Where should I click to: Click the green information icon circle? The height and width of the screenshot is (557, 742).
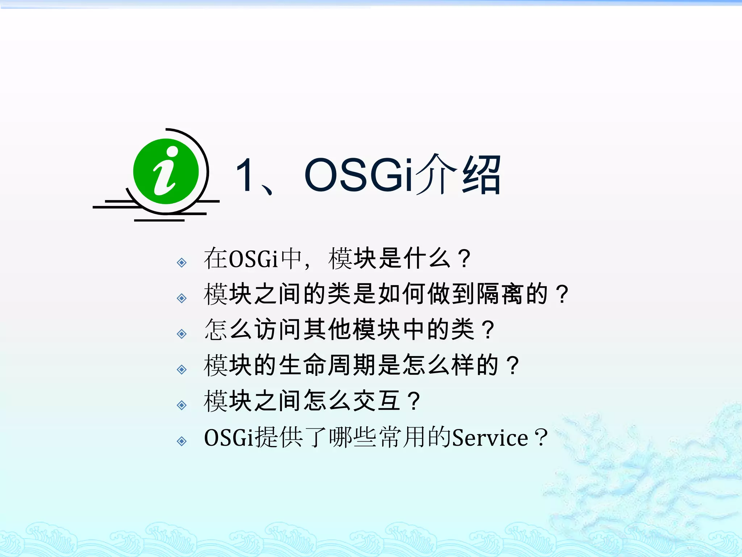pyautogui.click(x=166, y=172)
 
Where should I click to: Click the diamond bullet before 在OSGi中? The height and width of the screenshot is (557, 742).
pyautogui.click(x=182, y=262)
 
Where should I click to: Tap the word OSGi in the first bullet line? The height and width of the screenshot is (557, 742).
pyautogui.click(x=253, y=259)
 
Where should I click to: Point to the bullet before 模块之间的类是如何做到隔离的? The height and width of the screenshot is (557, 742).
pyautogui.click(x=182, y=298)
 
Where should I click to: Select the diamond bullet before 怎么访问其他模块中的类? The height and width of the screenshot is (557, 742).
pyautogui.click(x=182, y=334)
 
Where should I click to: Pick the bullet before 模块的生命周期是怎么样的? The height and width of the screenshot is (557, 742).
pyautogui.click(x=182, y=370)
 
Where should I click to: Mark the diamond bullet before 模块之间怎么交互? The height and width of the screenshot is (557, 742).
pyautogui.click(x=182, y=405)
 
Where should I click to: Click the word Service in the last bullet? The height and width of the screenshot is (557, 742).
pyautogui.click(x=490, y=438)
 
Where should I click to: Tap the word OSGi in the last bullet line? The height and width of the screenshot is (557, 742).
pyautogui.click(x=229, y=438)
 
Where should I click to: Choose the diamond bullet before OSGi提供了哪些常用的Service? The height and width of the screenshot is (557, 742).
pyautogui.click(x=182, y=441)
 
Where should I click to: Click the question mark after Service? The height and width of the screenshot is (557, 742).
pyautogui.click(x=541, y=438)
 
